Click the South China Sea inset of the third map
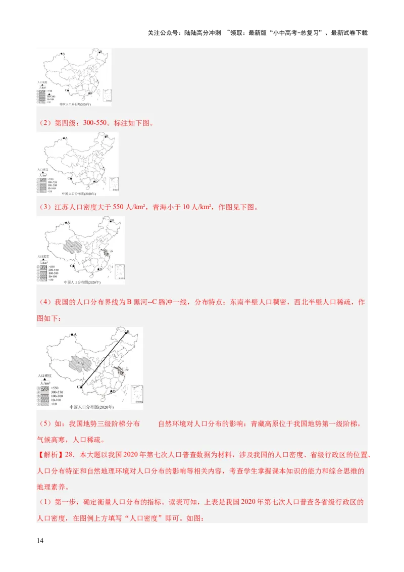point(120,271)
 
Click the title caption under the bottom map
point(91,407)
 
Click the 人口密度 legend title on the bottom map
point(46,376)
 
